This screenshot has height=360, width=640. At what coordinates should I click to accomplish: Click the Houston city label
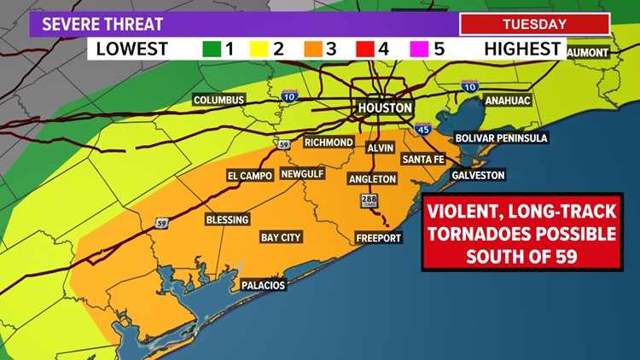pyautogui.click(x=384, y=108)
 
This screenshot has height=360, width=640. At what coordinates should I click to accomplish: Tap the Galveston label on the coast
pyautogui.click(x=479, y=175)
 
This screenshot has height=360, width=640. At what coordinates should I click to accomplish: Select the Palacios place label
pyautogui.click(x=262, y=285)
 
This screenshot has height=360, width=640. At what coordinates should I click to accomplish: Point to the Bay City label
pyautogui.click(x=281, y=237)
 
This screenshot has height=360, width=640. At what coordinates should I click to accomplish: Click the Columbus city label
pyautogui.click(x=219, y=100)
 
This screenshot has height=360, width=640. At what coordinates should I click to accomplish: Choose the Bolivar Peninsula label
pyautogui.click(x=500, y=137)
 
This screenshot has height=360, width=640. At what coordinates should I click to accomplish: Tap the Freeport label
pyautogui.click(x=378, y=238)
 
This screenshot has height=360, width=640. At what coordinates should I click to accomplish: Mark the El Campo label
pyautogui.click(x=249, y=175)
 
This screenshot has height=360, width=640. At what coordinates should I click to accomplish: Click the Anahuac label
pyautogui.click(x=508, y=100)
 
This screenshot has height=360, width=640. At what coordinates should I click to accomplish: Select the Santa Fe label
pyautogui.click(x=424, y=160)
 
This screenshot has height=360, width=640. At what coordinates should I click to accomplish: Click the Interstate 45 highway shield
pyautogui.click(x=424, y=129)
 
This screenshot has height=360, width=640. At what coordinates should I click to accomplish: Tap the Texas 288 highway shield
pyautogui.click(x=365, y=200)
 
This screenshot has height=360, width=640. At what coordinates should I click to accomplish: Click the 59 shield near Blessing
pyautogui.click(x=161, y=224)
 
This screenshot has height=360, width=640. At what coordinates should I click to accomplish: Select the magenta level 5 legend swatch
pyautogui.click(x=419, y=49)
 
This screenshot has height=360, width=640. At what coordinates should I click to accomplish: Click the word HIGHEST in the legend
pyautogui.click(x=521, y=49)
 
